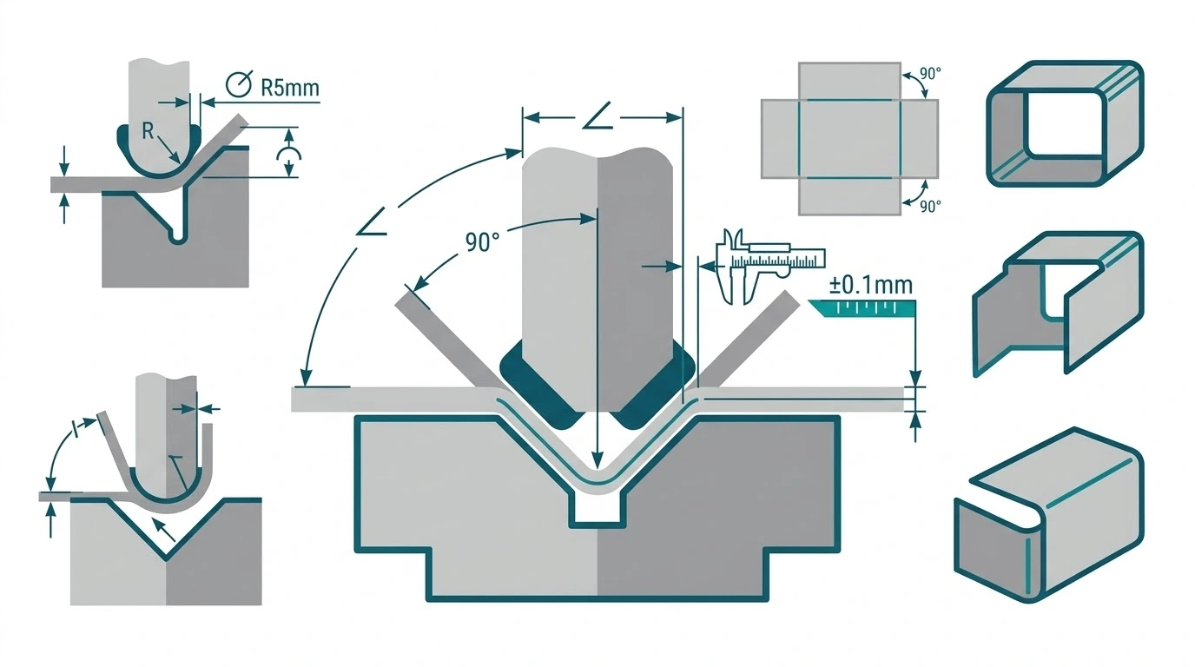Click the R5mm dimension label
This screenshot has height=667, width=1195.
tap(290, 88)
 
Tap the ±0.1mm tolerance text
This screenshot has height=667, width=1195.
tap(870, 286)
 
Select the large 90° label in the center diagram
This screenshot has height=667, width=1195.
tap(482, 242)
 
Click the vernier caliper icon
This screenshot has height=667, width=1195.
tap(770, 266)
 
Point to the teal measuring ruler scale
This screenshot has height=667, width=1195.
tap(862, 308)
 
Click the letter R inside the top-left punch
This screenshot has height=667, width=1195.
tap(148, 131)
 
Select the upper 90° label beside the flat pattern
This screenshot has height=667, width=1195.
tap(930, 74)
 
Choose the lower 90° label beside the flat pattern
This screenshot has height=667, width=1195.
tap(930, 206)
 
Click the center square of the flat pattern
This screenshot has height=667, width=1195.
tap(849, 138)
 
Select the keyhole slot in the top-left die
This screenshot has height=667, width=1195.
tap(178, 235)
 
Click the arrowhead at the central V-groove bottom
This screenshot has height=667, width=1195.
tap(597, 460)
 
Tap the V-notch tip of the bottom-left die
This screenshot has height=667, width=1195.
tap(166, 558)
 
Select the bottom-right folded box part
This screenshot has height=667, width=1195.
tap(1049, 514)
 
